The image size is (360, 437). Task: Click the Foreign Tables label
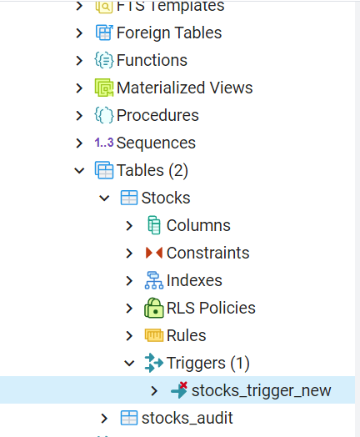pos(169,33)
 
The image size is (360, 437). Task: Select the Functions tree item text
pos(152,60)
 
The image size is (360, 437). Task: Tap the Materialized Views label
pos(185,88)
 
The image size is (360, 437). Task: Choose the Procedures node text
pos(157,115)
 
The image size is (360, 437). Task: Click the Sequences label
pos(156,143)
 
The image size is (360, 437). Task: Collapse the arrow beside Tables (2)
pos(80,170)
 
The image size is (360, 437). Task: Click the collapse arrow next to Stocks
pos(104,198)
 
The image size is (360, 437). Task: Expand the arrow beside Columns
pos(129,225)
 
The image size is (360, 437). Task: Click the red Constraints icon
pos(153,253)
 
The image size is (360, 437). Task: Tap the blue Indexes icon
pos(153,280)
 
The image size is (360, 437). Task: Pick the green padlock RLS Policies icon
pos(153,308)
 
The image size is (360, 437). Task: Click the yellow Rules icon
pos(153,335)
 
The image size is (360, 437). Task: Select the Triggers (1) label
pos(208,363)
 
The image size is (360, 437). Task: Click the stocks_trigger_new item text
pos(261,390)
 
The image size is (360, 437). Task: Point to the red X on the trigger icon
pos(183,385)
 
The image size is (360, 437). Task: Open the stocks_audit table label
pos(187,418)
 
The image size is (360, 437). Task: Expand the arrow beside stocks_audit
pos(104,418)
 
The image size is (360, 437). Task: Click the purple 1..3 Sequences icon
pos(104,143)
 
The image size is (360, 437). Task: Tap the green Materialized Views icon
pos(104,88)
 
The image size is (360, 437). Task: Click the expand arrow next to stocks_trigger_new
pos(154,390)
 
